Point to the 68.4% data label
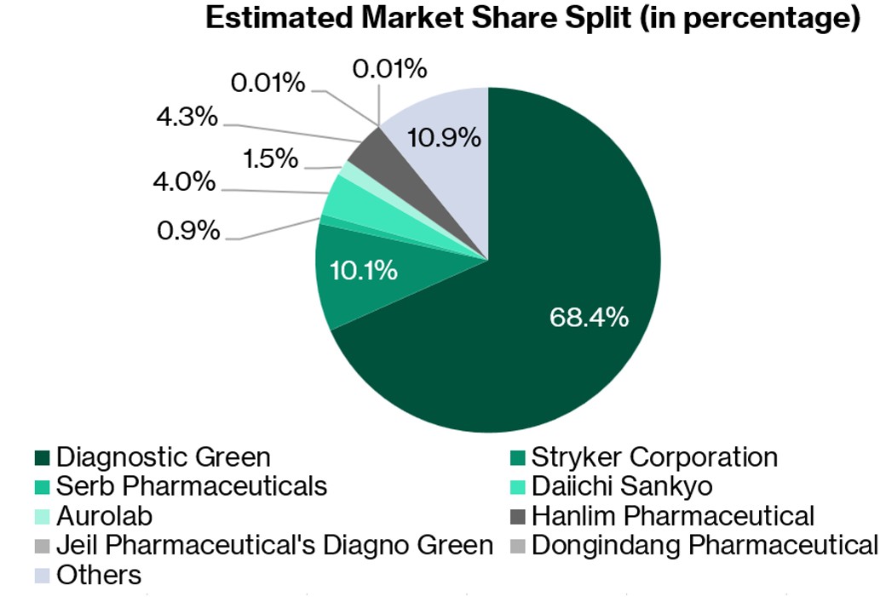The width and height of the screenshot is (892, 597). pos(590,318)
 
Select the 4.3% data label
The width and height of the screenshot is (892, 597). pos(187,117)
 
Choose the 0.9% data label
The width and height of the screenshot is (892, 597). pos(189,231)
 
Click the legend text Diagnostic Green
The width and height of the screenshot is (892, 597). pos(164,457)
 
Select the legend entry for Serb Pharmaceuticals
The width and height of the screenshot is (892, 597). pos(192,486)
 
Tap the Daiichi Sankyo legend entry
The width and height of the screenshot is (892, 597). pos(622,486)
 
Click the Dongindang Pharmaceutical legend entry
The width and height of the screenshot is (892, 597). pos(704,544)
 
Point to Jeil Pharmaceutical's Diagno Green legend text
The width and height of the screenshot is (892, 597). pos(274,544)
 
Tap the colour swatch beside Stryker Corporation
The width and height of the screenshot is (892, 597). pos(517,458)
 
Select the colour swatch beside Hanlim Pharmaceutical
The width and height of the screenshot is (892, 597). pos(517,516)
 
